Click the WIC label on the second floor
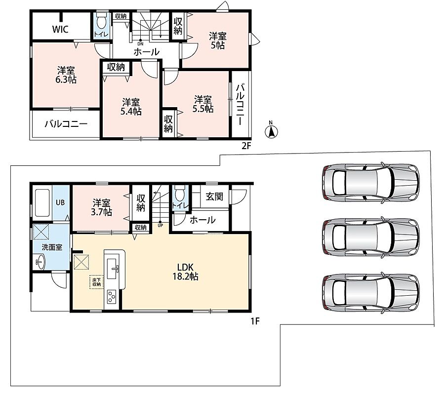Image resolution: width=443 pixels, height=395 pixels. (x=60, y=29)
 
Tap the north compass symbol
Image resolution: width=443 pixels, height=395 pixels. (x=271, y=130)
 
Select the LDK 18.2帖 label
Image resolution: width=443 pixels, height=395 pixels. (x=185, y=272)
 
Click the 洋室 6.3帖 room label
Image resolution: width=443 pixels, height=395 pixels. (x=66, y=75)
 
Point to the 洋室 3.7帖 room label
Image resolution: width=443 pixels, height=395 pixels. (x=101, y=207)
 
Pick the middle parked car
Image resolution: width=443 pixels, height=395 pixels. (x=371, y=237)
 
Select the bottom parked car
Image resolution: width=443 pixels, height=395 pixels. (x=371, y=292)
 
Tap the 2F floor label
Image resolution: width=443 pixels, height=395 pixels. (x=246, y=146)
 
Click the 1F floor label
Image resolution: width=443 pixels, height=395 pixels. (x=255, y=321)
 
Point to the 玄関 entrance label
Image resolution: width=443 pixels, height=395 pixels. (x=214, y=197)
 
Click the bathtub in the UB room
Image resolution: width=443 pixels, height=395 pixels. (x=42, y=203)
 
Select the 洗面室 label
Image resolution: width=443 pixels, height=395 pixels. (x=52, y=247)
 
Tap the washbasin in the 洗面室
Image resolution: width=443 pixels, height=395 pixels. (x=40, y=262)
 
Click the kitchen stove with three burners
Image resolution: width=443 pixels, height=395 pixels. (x=111, y=297)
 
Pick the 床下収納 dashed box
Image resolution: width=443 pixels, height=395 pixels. (x=96, y=282)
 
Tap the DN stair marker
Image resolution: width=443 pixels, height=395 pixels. (x=140, y=42)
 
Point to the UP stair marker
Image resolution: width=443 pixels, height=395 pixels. (x=160, y=224)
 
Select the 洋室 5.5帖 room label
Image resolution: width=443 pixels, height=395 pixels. (x=203, y=104)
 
